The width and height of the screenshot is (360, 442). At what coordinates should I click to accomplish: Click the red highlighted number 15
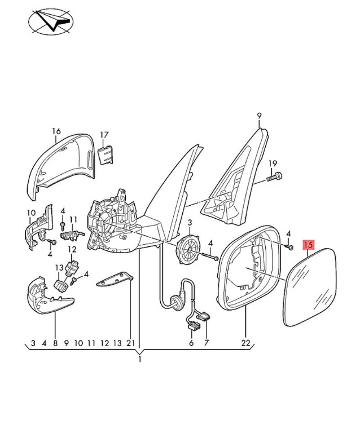[308, 245]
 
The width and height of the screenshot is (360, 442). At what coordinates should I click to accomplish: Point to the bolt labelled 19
[275, 177]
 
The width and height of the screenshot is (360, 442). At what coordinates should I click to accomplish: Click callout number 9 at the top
[259, 116]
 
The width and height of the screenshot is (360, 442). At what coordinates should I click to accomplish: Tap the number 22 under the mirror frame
[246, 343]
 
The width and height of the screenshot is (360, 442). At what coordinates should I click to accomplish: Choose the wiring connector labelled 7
[204, 317]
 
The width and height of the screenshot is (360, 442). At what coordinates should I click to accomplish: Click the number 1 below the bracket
[139, 359]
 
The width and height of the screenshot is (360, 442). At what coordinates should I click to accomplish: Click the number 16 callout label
[56, 131]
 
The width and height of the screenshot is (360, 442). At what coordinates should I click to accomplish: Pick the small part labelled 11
[71, 232]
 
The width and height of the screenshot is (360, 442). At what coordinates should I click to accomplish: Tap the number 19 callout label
[273, 163]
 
